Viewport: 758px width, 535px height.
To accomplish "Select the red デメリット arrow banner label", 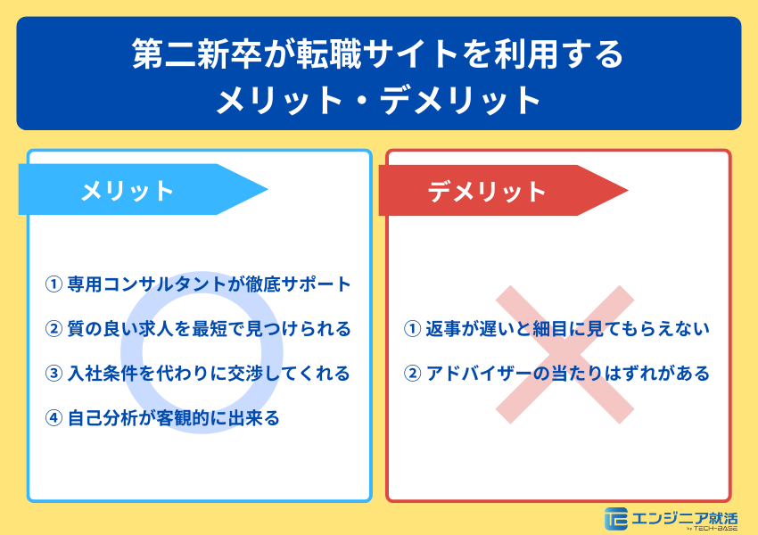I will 487,191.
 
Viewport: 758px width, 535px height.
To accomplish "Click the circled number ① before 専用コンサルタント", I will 53,284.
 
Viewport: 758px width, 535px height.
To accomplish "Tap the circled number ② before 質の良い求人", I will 53,329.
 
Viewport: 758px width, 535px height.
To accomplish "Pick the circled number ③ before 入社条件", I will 53,373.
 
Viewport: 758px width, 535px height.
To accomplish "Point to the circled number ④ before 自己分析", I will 53,417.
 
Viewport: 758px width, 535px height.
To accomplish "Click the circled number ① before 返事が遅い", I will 413,329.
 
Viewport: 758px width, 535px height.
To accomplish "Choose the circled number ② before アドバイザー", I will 413,374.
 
